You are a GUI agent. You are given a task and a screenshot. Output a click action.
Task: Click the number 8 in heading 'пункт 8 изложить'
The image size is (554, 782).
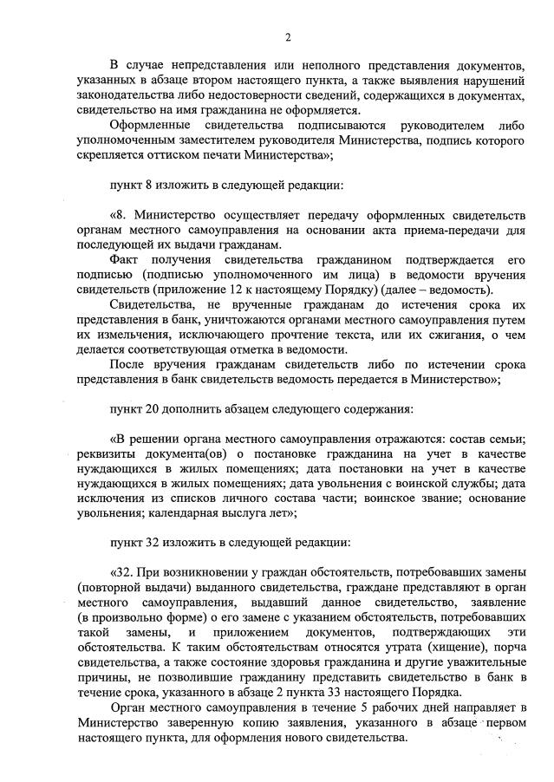point(150,186)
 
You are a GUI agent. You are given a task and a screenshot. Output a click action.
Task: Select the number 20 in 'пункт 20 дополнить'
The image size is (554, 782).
point(153,407)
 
